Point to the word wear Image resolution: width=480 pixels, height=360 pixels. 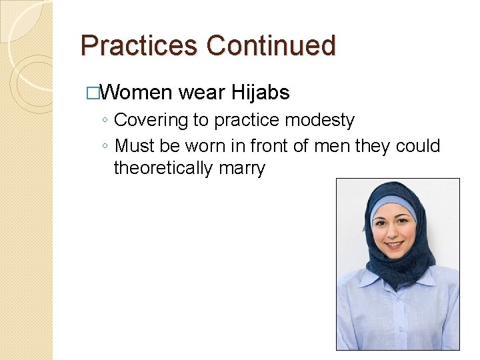203,93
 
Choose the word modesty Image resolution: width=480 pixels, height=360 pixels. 321,121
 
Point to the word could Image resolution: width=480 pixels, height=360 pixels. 418,145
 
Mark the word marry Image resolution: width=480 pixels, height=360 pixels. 242,169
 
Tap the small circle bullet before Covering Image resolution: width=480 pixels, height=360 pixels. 105,121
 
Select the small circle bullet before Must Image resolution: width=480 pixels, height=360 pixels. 105,146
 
